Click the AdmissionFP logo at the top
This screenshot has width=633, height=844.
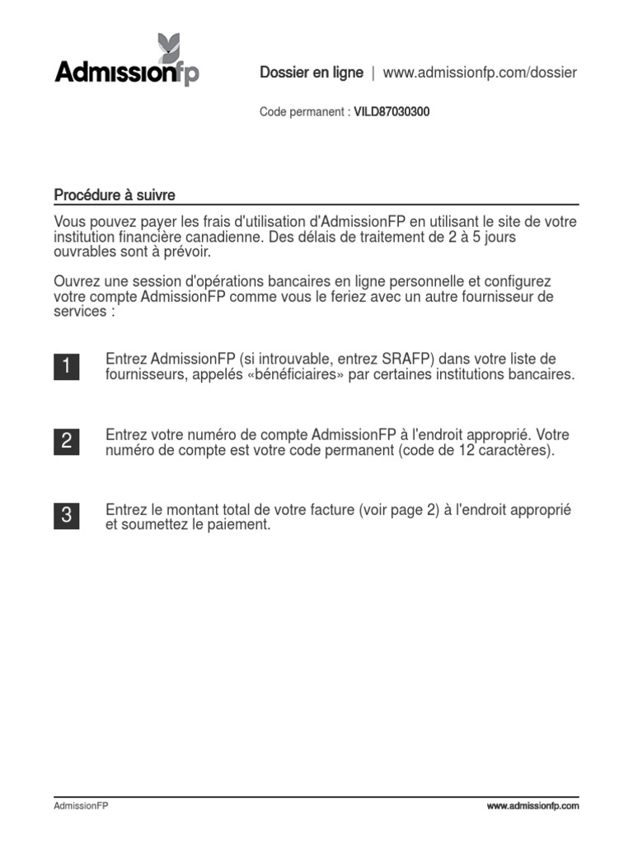pyautogui.click(x=126, y=73)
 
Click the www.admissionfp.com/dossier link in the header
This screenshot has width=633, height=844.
pyautogui.click(x=480, y=73)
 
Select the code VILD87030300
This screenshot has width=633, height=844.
pyautogui.click(x=392, y=112)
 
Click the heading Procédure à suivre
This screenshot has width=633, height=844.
pyautogui.click(x=115, y=195)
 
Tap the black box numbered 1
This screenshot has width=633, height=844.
pyautogui.click(x=67, y=367)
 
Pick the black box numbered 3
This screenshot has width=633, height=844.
pyautogui.click(x=67, y=516)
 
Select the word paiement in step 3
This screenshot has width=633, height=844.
pyautogui.click(x=240, y=525)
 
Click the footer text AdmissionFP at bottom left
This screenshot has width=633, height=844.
pyautogui.click(x=81, y=806)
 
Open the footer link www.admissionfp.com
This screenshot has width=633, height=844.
pyautogui.click(x=532, y=806)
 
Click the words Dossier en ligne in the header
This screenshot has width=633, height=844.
pyautogui.click(x=312, y=73)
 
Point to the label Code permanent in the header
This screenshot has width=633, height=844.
pyautogui.click(x=301, y=112)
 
